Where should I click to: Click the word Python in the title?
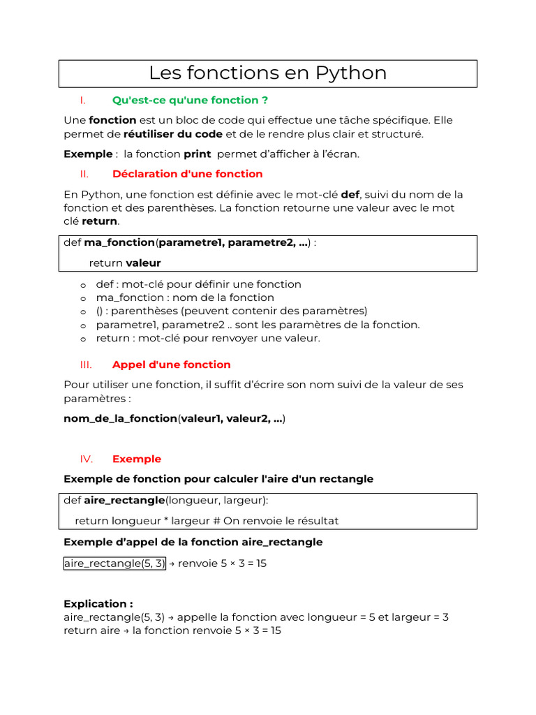tap(351, 73)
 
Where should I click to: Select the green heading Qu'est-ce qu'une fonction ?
tap(190, 100)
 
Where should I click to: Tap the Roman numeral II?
tap(84, 174)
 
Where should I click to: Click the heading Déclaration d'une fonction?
tap(187, 174)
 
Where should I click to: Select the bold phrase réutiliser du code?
tap(173, 134)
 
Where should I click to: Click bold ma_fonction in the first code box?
tap(119, 243)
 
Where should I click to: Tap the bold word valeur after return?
tap(143, 263)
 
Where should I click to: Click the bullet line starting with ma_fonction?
tap(185, 297)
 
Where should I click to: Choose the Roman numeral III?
tap(86, 364)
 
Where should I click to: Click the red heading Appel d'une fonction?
tap(171, 364)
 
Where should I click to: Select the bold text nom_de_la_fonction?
tap(120, 419)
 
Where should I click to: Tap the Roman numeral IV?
tap(87, 459)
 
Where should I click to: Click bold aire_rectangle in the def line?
tap(124, 501)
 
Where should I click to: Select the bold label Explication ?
tap(98, 604)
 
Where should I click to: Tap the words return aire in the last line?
tap(91, 631)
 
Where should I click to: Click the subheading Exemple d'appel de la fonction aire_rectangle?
tap(193, 543)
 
